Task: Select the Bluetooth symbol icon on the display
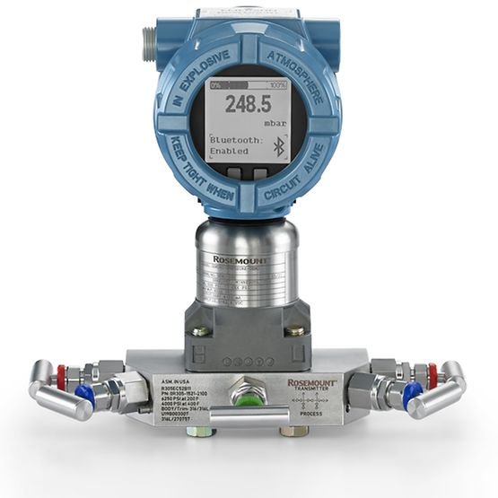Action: [x=278, y=147]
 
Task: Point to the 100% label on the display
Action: [x=277, y=83]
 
